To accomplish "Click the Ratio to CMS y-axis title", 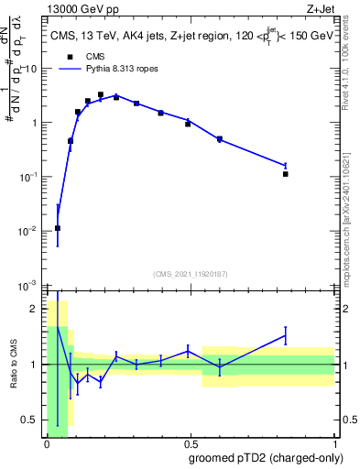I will (x=15, y=365).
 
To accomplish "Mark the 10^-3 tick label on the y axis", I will (x=28, y=286).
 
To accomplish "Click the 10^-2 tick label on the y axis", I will (x=28, y=231).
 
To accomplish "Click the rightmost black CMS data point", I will (x=286, y=174).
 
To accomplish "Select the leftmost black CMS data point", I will (x=58, y=228).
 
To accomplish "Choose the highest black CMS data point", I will (x=101, y=94).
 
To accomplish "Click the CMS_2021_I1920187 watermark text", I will (x=190, y=274).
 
